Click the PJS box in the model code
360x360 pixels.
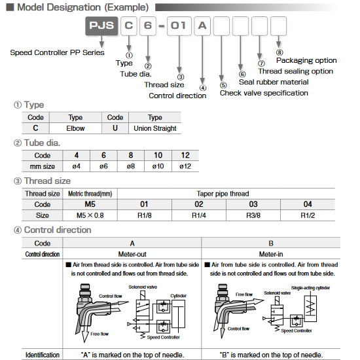(101, 28)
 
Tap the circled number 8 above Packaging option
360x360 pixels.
(279, 52)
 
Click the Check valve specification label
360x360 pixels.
(264, 93)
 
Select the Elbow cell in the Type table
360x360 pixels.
(75, 128)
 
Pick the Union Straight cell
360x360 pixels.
(154, 128)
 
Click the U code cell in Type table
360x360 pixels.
(115, 128)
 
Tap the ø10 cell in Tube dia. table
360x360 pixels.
(158, 166)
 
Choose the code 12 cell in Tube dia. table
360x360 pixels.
(186, 156)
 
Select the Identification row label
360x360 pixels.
(43, 354)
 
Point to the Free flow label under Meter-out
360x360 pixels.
(99, 334)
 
